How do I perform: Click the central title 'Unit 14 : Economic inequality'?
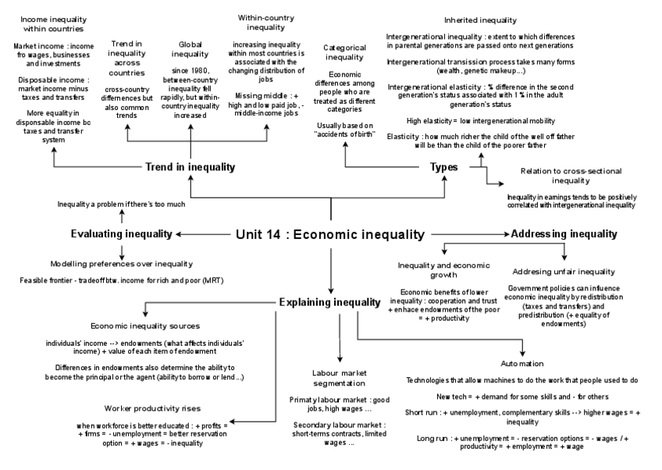pos(329,233)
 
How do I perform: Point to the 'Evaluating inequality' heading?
pos(121,233)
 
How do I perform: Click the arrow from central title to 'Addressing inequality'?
pos(468,233)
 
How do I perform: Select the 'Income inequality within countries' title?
pos(52,23)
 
